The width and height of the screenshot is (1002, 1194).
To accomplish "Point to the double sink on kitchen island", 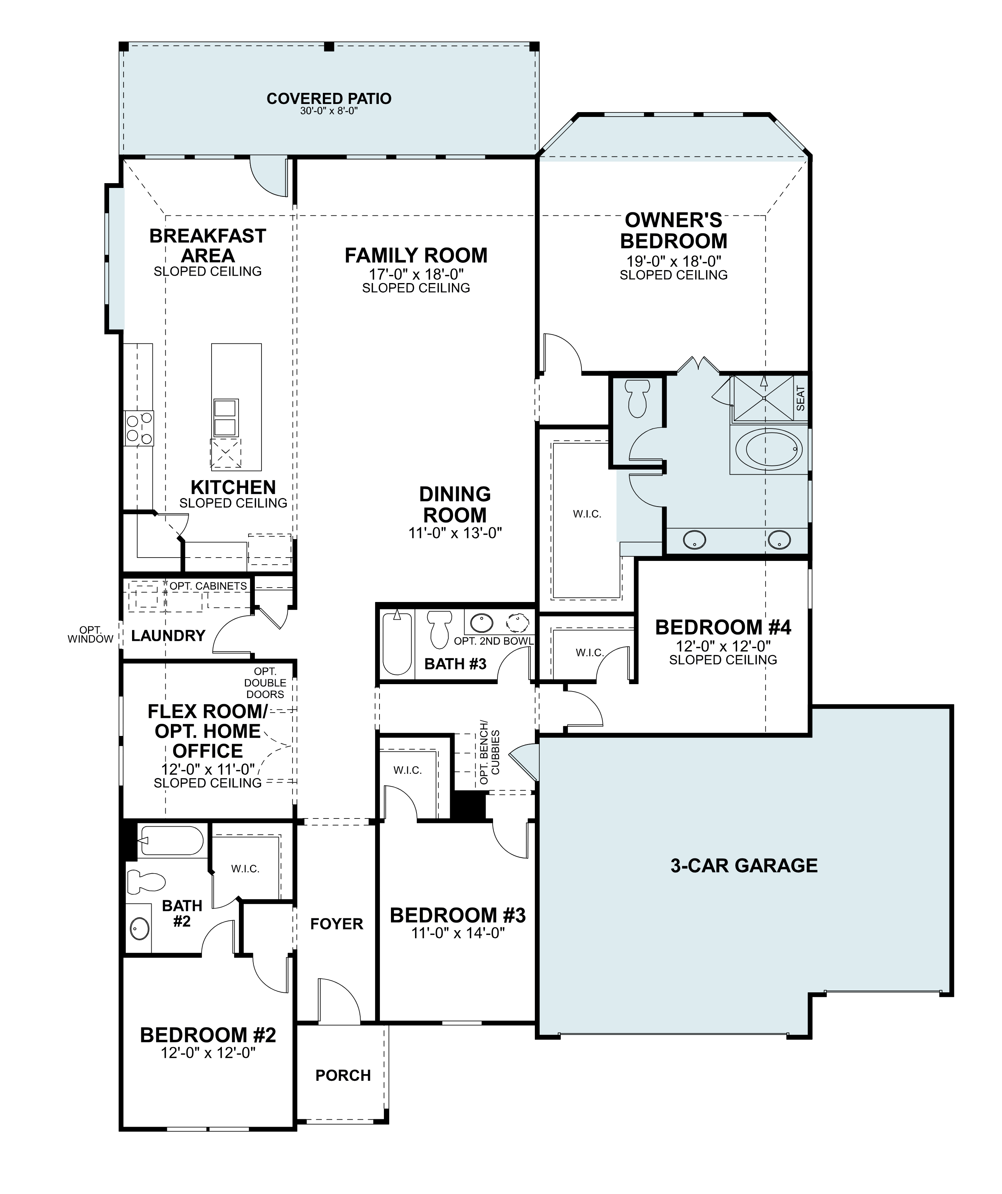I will pos(226,417).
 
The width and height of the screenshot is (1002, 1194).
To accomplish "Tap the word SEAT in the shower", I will pos(800,398).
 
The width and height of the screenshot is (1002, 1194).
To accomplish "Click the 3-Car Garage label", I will pos(743,865).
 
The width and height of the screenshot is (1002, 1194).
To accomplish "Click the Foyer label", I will pos(337,924).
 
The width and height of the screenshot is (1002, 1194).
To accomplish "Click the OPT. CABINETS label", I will pos(208,586).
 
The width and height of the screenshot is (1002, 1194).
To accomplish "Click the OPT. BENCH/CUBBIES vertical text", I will pos(489,753).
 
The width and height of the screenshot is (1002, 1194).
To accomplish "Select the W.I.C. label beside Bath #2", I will pos(245,869).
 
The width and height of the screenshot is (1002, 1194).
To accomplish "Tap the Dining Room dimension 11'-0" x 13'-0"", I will pos(455,533).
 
